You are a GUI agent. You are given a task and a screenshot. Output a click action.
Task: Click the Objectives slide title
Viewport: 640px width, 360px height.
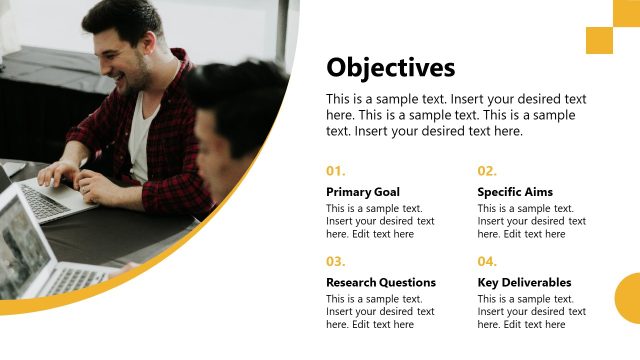(x=390, y=67)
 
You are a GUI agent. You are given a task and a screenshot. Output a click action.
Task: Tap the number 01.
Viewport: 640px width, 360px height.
(x=336, y=171)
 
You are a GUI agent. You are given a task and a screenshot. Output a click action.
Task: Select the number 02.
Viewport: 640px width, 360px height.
(x=487, y=171)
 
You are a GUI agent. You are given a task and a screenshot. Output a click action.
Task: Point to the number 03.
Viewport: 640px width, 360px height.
(x=336, y=262)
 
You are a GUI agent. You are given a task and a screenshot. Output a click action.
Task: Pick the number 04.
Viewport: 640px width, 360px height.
(x=487, y=262)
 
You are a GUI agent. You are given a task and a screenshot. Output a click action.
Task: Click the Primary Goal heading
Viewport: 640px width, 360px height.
(x=363, y=192)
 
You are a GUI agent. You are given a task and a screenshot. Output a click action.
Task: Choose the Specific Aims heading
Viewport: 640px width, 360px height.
(x=515, y=192)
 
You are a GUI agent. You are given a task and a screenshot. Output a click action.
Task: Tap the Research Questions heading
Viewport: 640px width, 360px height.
(x=381, y=283)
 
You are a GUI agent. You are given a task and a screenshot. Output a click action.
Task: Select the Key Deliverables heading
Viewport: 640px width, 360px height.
(x=524, y=283)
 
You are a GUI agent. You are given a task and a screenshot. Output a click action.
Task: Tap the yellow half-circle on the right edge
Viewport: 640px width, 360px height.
(x=629, y=298)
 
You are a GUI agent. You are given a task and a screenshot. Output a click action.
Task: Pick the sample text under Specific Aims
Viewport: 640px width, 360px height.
(x=531, y=221)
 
